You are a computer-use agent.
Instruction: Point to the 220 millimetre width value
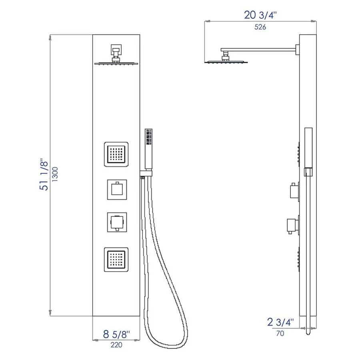116,344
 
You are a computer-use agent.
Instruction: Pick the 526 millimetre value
260,27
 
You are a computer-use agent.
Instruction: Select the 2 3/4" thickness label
280,322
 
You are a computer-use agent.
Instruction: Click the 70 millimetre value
280,333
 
